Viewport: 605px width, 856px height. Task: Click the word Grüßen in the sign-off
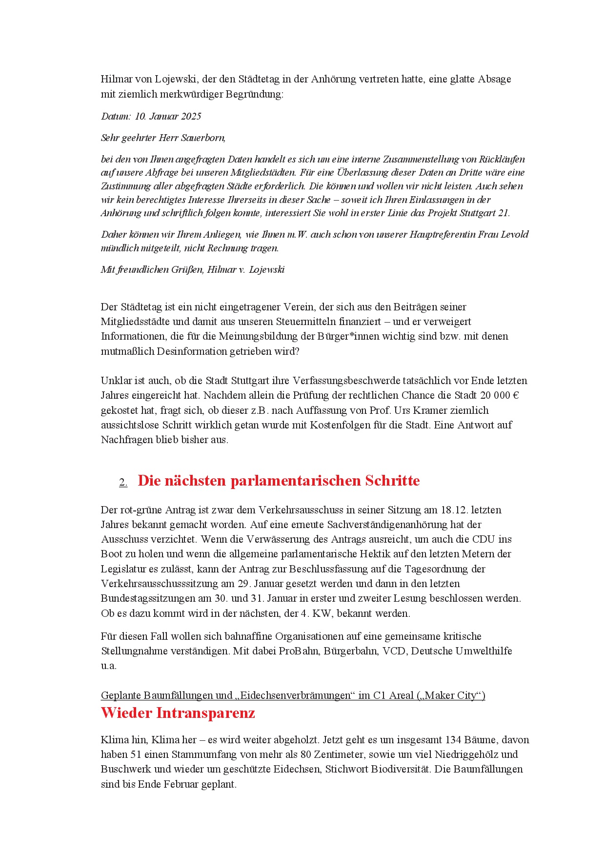187,269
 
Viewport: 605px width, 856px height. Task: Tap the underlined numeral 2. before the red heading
123,482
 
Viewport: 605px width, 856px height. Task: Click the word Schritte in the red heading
392,481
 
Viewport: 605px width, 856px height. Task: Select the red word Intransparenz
205,713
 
